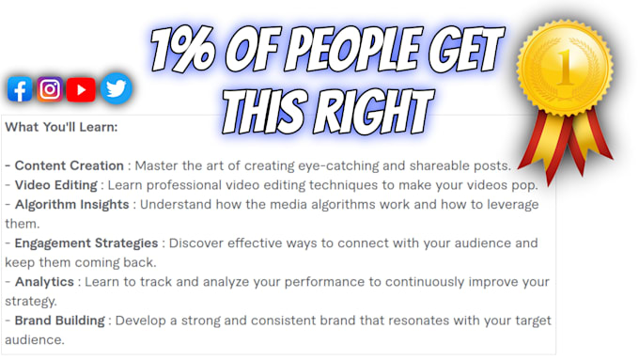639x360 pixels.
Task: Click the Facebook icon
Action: point(19,89)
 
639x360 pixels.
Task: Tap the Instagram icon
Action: point(50,89)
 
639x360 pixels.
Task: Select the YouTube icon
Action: point(82,89)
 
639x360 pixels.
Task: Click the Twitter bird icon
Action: point(116,88)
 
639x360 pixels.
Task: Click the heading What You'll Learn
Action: point(61,126)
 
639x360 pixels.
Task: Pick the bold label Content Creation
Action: point(70,165)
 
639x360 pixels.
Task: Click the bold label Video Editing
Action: point(58,185)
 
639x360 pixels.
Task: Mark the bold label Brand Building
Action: point(60,321)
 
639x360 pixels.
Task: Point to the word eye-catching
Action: point(333,165)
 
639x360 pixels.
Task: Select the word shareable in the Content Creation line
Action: point(440,165)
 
